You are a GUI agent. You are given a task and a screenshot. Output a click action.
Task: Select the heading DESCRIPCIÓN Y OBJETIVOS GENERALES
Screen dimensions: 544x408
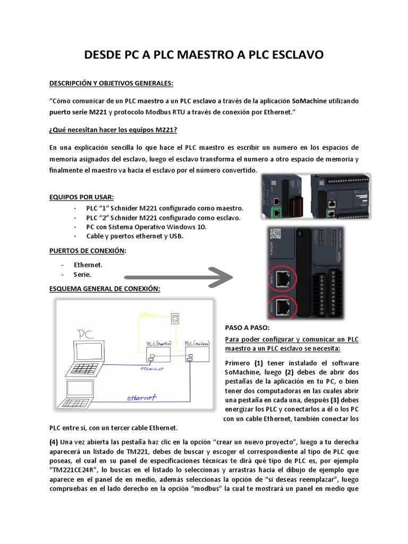point(111,84)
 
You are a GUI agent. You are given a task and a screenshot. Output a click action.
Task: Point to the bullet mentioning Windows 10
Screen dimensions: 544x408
point(146,226)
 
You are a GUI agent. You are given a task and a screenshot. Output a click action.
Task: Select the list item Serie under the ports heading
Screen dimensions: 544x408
point(82,274)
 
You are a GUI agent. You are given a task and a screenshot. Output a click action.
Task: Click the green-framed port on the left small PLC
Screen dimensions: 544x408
point(277,212)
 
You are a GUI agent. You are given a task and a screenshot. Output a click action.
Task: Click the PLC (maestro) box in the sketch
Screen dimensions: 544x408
point(154,352)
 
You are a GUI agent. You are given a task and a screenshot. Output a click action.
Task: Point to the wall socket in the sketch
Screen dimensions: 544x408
point(175,319)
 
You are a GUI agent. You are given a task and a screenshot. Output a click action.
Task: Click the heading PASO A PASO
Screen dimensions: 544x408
point(247,328)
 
